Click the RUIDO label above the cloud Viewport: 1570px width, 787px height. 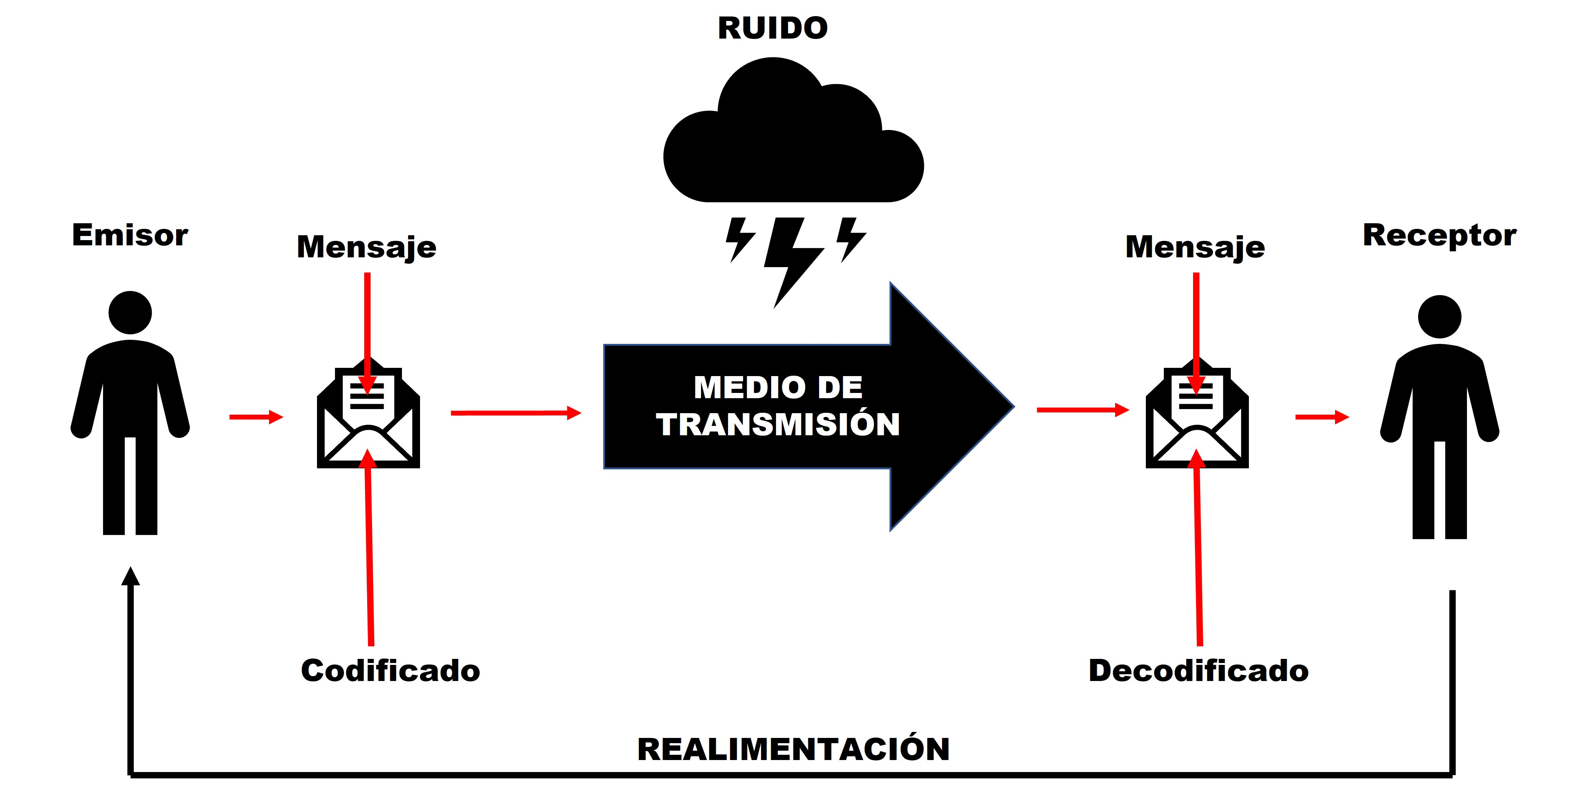(772, 28)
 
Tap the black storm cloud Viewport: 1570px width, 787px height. (792, 146)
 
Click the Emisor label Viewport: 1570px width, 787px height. (130, 235)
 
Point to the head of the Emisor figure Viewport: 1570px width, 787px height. (130, 312)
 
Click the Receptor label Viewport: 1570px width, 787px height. (1439, 235)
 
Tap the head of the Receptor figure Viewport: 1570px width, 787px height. (1439, 317)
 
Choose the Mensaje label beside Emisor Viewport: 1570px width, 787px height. (366, 247)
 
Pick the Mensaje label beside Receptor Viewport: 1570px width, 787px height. (1195, 247)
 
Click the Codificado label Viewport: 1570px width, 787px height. (390, 671)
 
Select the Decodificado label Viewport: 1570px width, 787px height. (1198, 671)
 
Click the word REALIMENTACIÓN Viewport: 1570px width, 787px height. (793, 749)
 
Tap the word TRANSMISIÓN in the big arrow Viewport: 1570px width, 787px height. (778, 424)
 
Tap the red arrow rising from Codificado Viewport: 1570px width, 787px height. (369, 548)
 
